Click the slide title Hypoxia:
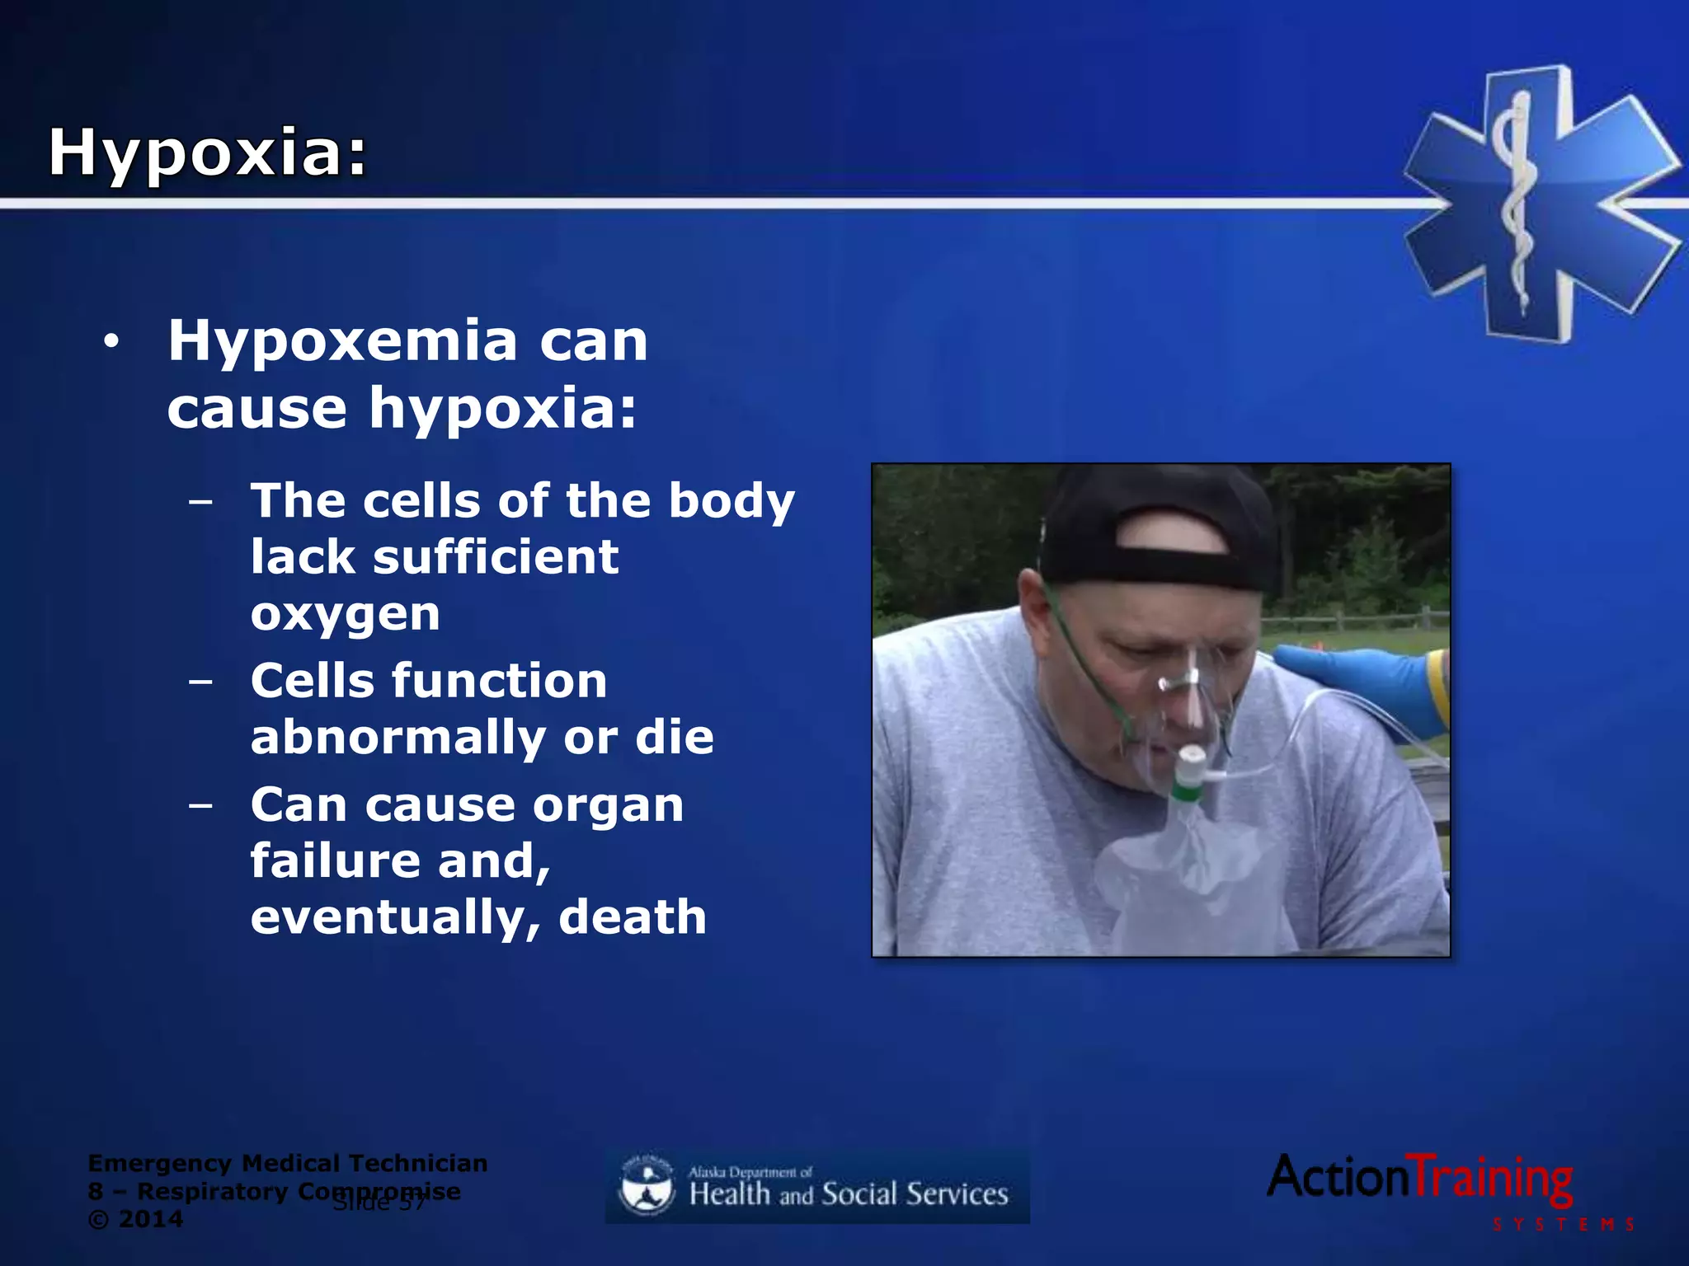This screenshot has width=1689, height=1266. pyautogui.click(x=207, y=153)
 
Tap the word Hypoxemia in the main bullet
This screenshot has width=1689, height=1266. pyautogui.click(x=342, y=340)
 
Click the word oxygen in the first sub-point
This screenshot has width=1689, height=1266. pyautogui.click(x=345, y=614)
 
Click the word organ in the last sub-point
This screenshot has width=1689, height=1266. pyautogui.click(x=608, y=805)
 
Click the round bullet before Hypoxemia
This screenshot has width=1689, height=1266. pyautogui.click(x=111, y=340)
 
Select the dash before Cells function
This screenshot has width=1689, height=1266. pyautogui.click(x=200, y=682)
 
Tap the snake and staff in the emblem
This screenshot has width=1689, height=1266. pyautogui.click(x=1514, y=202)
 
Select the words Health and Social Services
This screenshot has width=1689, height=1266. pyautogui.click(x=849, y=1194)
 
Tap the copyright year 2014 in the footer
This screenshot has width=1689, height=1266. pyautogui.click(x=150, y=1220)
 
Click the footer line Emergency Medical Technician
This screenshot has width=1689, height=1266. pyautogui.click(x=288, y=1164)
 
